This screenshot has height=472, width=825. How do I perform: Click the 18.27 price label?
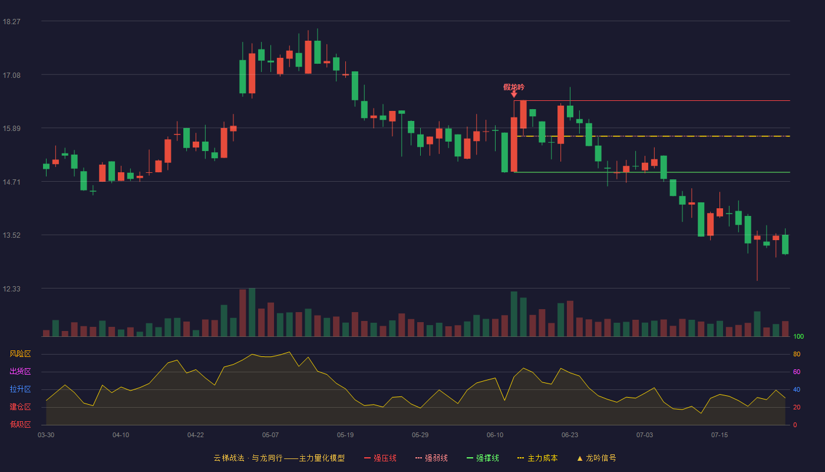pos(11,22)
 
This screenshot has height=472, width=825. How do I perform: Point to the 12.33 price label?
pos(11,289)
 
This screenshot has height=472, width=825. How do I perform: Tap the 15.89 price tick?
pos(11,129)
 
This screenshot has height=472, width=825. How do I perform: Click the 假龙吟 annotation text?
pos(514,87)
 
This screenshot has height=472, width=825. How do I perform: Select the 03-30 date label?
pos(46,435)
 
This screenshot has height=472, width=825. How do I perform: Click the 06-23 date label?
pos(570,435)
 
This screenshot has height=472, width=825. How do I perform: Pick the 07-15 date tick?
pos(720,435)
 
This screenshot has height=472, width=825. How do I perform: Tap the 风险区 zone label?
pos(20,353)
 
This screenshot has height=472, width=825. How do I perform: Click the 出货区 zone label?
pos(20,371)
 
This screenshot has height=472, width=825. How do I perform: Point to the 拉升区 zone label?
pos(20,389)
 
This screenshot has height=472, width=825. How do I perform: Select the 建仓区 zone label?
pos(20,407)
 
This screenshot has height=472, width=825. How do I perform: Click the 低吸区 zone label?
pos(20,424)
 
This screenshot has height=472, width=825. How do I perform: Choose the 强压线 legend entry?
pos(380,458)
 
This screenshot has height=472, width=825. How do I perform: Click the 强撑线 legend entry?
pos(483,458)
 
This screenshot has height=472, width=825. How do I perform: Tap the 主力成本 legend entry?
pos(537,458)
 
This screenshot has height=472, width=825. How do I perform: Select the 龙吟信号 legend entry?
pos(596,458)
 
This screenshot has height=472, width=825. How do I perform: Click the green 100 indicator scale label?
pos(798,336)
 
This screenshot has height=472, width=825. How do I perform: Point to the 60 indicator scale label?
pos(797,372)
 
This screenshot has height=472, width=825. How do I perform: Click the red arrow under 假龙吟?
pos(514,94)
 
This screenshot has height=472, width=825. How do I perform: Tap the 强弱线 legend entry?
pos(431,458)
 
